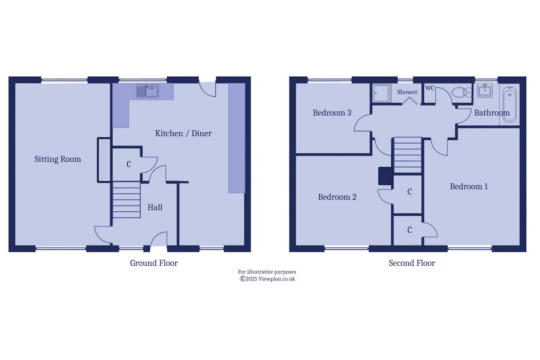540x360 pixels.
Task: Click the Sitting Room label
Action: point(58,159)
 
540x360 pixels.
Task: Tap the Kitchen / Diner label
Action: point(183,133)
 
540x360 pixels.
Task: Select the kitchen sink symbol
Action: point(147,91)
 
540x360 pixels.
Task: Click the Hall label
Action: point(155,207)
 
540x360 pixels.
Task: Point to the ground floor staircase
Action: point(126,200)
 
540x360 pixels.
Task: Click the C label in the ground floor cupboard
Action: point(129,164)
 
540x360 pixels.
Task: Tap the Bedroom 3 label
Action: point(332,113)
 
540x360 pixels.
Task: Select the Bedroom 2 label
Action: point(337,197)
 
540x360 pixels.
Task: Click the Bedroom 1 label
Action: point(469,186)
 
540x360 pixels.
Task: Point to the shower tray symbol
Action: point(381,93)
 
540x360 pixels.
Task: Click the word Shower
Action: point(407,92)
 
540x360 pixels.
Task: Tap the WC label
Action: point(430,88)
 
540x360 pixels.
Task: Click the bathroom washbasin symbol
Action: point(485,90)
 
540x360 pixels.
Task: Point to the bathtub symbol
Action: point(509,104)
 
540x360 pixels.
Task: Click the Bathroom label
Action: point(492,113)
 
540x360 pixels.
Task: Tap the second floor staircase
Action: point(408,155)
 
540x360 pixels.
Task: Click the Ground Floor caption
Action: point(154,263)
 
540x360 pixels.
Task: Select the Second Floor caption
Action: point(412,263)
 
